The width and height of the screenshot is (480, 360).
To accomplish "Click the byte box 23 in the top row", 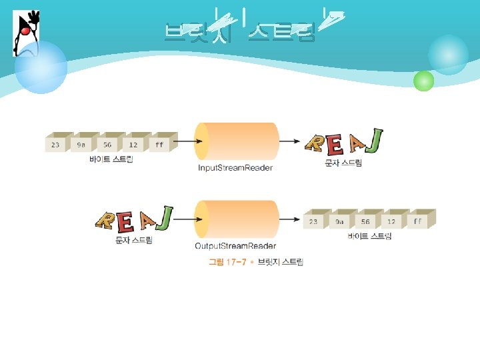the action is pos(55,144).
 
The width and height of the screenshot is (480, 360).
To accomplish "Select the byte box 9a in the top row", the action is pos(81,144).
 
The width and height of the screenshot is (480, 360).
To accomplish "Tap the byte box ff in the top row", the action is pos(159,144).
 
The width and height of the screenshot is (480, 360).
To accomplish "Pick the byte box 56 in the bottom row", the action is pos(365,221).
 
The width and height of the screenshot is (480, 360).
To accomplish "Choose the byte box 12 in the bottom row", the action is pos(391,221).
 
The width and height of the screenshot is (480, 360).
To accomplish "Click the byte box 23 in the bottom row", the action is pos(313,221).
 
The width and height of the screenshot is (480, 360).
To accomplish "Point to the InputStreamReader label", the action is pos(235,168).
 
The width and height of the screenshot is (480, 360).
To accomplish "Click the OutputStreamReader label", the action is pos(235,246).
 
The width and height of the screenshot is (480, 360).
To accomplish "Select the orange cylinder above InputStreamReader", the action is pos(237,141).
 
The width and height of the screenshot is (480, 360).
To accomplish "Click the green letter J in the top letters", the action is pos(375,139).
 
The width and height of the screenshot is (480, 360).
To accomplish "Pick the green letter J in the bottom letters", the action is pos(165,217).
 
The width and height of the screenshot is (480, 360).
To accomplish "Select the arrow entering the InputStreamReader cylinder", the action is pos(186,141).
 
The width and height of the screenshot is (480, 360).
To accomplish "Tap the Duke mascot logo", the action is pos(25,33).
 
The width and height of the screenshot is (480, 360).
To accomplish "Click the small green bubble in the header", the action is pos(423,81).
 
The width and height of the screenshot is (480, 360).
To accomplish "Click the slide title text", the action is pos(240,31).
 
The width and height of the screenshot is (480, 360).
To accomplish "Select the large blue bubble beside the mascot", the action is pos(41,67).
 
